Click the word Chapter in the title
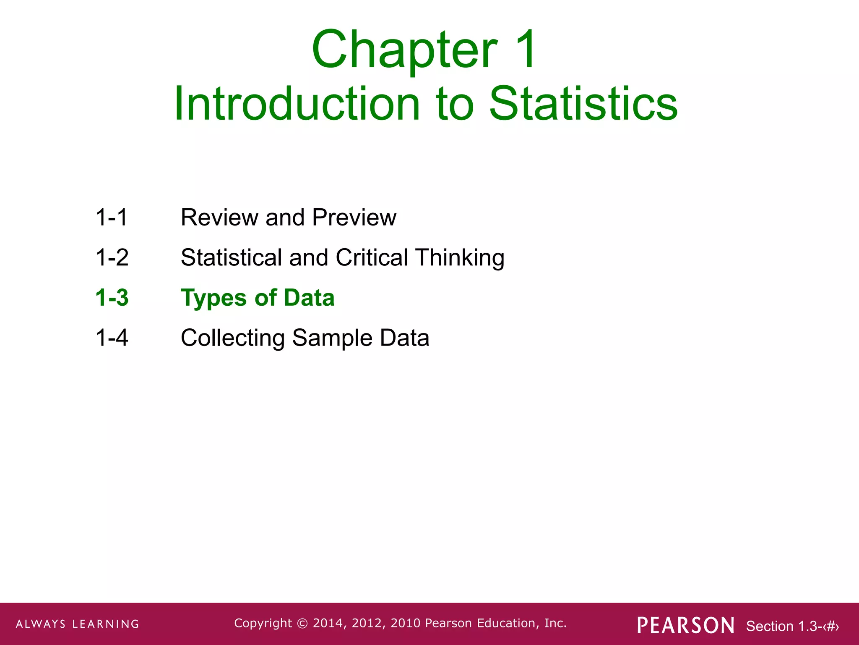point(404,50)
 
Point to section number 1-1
point(112,218)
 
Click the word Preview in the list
point(354,218)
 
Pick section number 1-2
point(112,257)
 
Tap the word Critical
point(372,257)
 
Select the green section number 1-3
point(112,298)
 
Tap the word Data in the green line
point(309,298)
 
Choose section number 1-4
point(112,338)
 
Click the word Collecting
point(233,338)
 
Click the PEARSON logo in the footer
point(686,625)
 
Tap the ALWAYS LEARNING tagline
point(78,624)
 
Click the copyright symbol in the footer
point(302,623)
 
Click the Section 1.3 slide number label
point(792,626)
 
